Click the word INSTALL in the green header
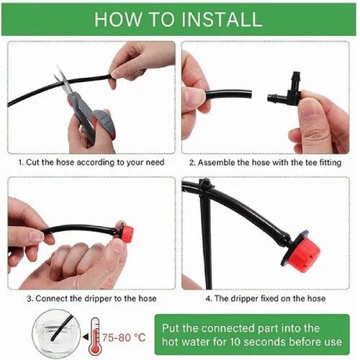click(222, 19)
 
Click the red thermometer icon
click(94, 336)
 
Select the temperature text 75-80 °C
click(124, 338)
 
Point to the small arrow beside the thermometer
click(85, 337)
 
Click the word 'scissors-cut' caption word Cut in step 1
click(32, 162)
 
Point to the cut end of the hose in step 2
click(250, 94)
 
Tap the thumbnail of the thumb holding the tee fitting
click(311, 108)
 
